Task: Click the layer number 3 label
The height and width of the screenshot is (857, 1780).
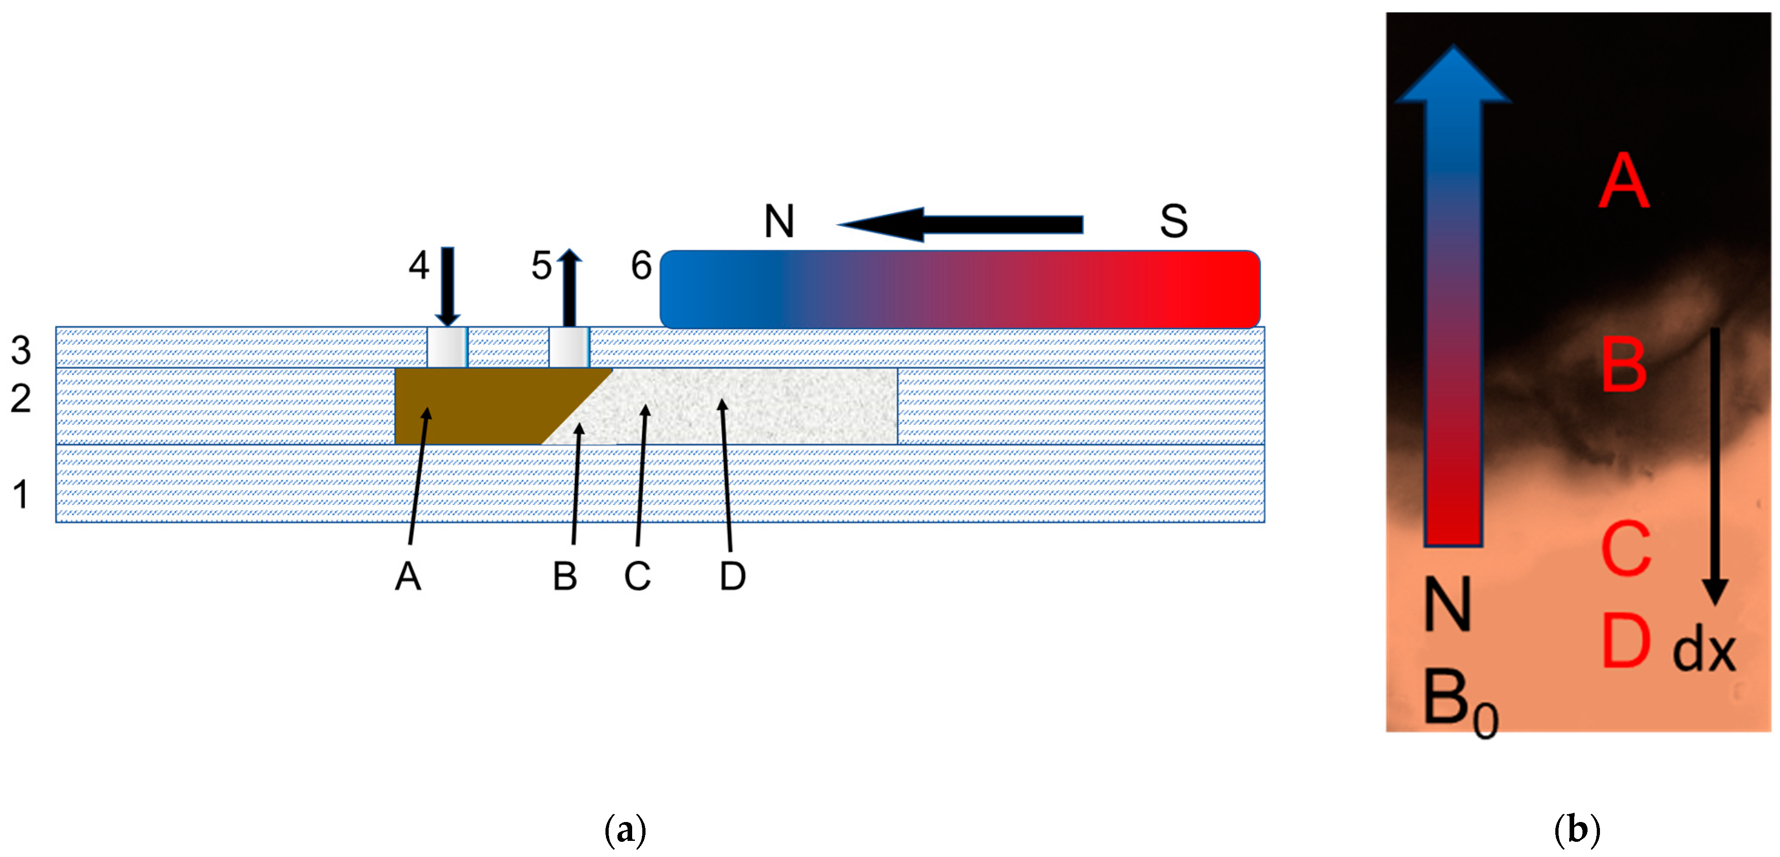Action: (x=21, y=350)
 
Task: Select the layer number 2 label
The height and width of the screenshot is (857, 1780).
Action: (x=21, y=399)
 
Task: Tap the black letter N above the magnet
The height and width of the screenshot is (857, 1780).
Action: (x=779, y=222)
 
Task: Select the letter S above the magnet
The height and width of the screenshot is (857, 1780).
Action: (x=1173, y=222)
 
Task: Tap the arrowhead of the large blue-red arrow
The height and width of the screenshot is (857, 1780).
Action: (x=1453, y=76)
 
